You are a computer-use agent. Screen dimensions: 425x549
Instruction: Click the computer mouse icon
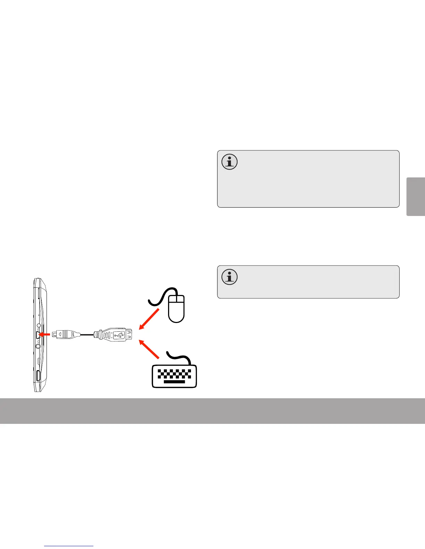tap(176, 308)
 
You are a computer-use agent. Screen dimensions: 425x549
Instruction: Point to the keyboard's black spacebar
tap(174, 382)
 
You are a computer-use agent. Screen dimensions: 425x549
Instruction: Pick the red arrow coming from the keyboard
tap(149, 349)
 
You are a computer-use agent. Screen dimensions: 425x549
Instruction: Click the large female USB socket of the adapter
tap(128, 335)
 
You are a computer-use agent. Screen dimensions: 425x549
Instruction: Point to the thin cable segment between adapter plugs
tap(87, 335)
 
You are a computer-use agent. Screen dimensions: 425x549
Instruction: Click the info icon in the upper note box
tap(230, 162)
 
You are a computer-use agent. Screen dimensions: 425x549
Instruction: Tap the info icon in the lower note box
tap(230, 277)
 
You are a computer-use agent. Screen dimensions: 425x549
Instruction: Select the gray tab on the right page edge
tap(416, 197)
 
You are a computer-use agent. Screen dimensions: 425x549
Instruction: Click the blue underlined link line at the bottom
tap(69, 546)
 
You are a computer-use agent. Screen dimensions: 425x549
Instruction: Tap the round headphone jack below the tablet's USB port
tap(38, 346)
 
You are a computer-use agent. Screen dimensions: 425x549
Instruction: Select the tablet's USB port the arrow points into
tap(37, 335)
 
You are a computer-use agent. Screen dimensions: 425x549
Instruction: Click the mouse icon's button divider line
tap(176, 300)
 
